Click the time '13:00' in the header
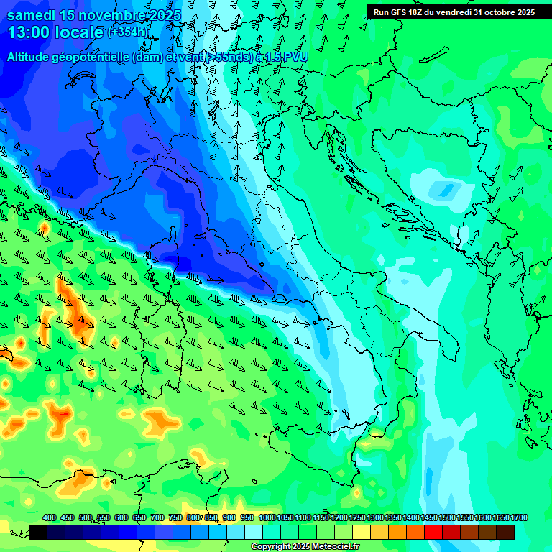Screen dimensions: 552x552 pyautogui.click(x=32, y=33)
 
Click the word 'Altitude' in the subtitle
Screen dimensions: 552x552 pyautogui.click(x=33, y=57)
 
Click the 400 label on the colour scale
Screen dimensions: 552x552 pyautogui.click(x=50, y=518)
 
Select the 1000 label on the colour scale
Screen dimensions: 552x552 pyautogui.click(x=267, y=518)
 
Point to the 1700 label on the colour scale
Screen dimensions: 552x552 pyautogui.click(x=519, y=518)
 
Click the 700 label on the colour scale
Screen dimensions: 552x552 pyautogui.click(x=157, y=518)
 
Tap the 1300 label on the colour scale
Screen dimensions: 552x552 pyautogui.click(x=375, y=518)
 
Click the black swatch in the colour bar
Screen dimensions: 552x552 pyautogui.click(x=38, y=532)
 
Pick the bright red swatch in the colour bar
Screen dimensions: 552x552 pyautogui.click(x=434, y=532)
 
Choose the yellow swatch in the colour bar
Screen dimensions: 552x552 pyautogui.click(x=362, y=532)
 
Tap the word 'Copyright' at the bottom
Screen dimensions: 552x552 pyautogui.click(x=272, y=547)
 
